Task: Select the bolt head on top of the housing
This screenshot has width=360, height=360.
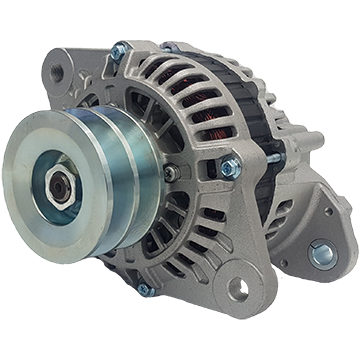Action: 119,50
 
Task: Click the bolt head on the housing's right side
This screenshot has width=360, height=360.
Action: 230,164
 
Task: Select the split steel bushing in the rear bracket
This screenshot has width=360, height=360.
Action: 323,254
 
